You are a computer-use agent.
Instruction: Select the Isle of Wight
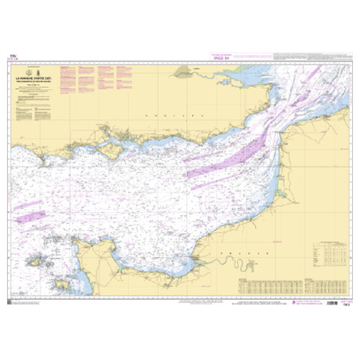coord(112,149)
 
